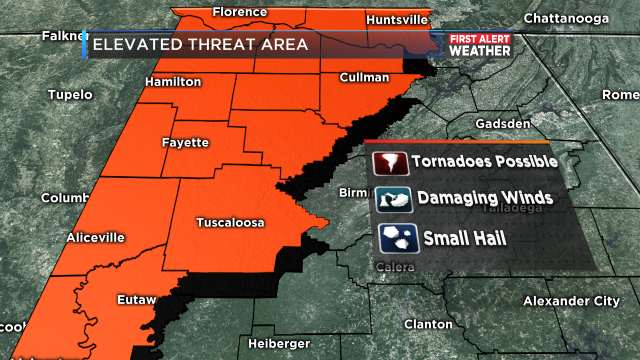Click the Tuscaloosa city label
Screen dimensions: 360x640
230,223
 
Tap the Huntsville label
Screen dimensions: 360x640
398,19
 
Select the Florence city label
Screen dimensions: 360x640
240,13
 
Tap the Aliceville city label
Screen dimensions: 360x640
96,237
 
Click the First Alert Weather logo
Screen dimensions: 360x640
476,45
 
